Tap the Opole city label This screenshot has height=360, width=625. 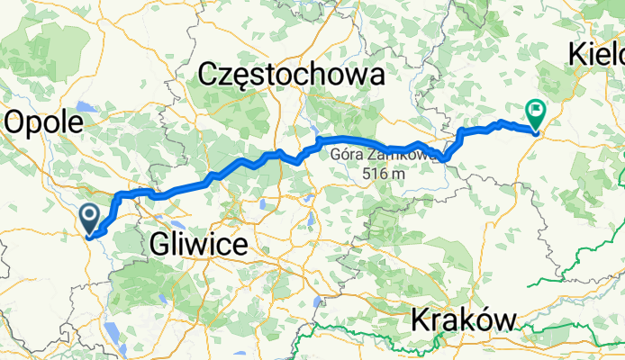(45, 123)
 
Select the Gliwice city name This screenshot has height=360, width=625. (199, 243)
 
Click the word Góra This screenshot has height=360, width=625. (345, 155)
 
